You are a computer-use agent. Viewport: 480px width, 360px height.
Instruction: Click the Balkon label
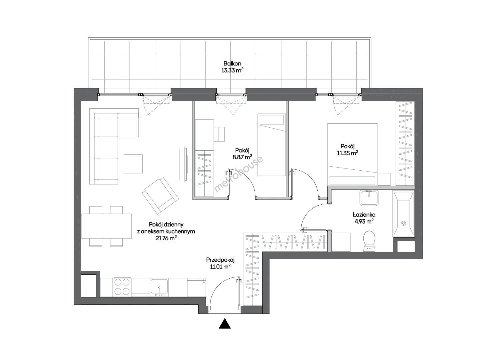pos(232,64)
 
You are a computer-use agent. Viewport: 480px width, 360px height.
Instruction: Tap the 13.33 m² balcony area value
pos(232,71)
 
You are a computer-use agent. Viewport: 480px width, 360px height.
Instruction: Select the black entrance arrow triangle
pos(225,329)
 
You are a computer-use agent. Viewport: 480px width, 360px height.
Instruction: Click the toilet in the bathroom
pos(369,241)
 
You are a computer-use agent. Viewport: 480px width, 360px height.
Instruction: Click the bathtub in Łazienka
pos(404,214)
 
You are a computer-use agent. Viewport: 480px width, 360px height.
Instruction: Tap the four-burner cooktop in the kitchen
pos(122,287)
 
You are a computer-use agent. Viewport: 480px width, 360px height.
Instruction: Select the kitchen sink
pos(159,286)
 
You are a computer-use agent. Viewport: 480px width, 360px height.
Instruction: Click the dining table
pos(106,226)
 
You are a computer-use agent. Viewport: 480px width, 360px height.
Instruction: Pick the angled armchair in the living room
pos(160,196)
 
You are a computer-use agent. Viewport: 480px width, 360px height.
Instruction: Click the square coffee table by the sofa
pos(133,164)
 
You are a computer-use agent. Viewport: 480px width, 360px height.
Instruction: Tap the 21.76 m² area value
pos(166,238)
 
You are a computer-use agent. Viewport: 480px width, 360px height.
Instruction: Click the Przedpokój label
pos(220,260)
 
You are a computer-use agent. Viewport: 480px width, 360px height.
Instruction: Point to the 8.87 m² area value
pos(242,157)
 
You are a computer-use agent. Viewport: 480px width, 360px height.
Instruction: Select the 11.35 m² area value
pos(348,153)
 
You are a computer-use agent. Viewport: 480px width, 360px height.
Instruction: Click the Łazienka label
pos(364,215)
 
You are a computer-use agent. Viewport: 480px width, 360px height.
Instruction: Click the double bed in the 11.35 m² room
pos(352,154)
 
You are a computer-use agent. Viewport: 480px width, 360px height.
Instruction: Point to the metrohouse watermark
pos(238,174)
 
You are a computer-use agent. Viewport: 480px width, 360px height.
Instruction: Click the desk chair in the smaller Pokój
pos(219,134)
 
